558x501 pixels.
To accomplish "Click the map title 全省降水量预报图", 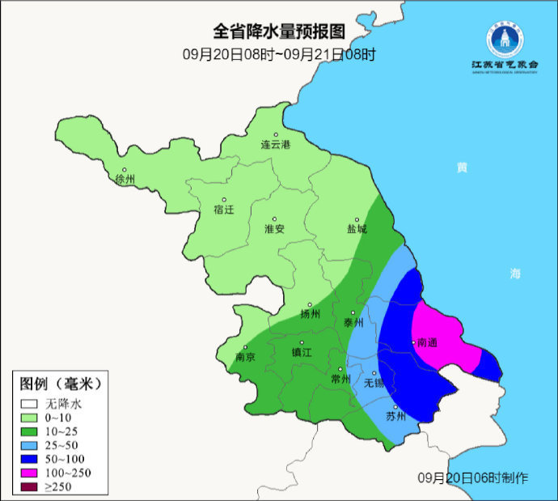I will point(279,32).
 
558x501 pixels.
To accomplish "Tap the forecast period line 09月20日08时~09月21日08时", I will point(279,54).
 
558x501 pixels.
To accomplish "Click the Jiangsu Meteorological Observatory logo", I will point(504,45).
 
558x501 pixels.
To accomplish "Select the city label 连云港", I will point(275,145).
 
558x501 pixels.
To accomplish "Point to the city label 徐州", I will point(125,179).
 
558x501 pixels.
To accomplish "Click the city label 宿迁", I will point(223,210).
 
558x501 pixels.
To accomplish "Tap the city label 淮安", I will point(275,229).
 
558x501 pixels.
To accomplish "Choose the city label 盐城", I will point(357,229).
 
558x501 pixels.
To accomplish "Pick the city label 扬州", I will point(310,314).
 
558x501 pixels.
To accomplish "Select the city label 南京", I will point(245,357).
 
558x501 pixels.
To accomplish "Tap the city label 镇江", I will point(302,352).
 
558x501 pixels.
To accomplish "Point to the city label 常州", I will point(341,379).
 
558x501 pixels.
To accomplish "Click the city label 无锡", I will point(374,383).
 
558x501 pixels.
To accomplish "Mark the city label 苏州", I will point(395,417).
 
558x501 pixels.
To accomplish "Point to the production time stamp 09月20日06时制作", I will point(474,478).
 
